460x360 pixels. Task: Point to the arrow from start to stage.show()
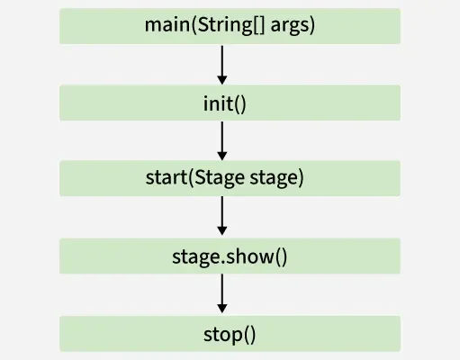221,215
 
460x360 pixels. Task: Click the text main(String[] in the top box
208,25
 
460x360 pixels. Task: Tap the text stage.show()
230,256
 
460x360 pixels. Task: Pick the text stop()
230,334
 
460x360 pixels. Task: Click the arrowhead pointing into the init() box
221,78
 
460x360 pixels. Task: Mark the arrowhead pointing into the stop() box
221,310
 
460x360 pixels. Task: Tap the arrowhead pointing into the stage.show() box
221,232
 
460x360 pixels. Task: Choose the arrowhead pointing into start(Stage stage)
221,155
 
